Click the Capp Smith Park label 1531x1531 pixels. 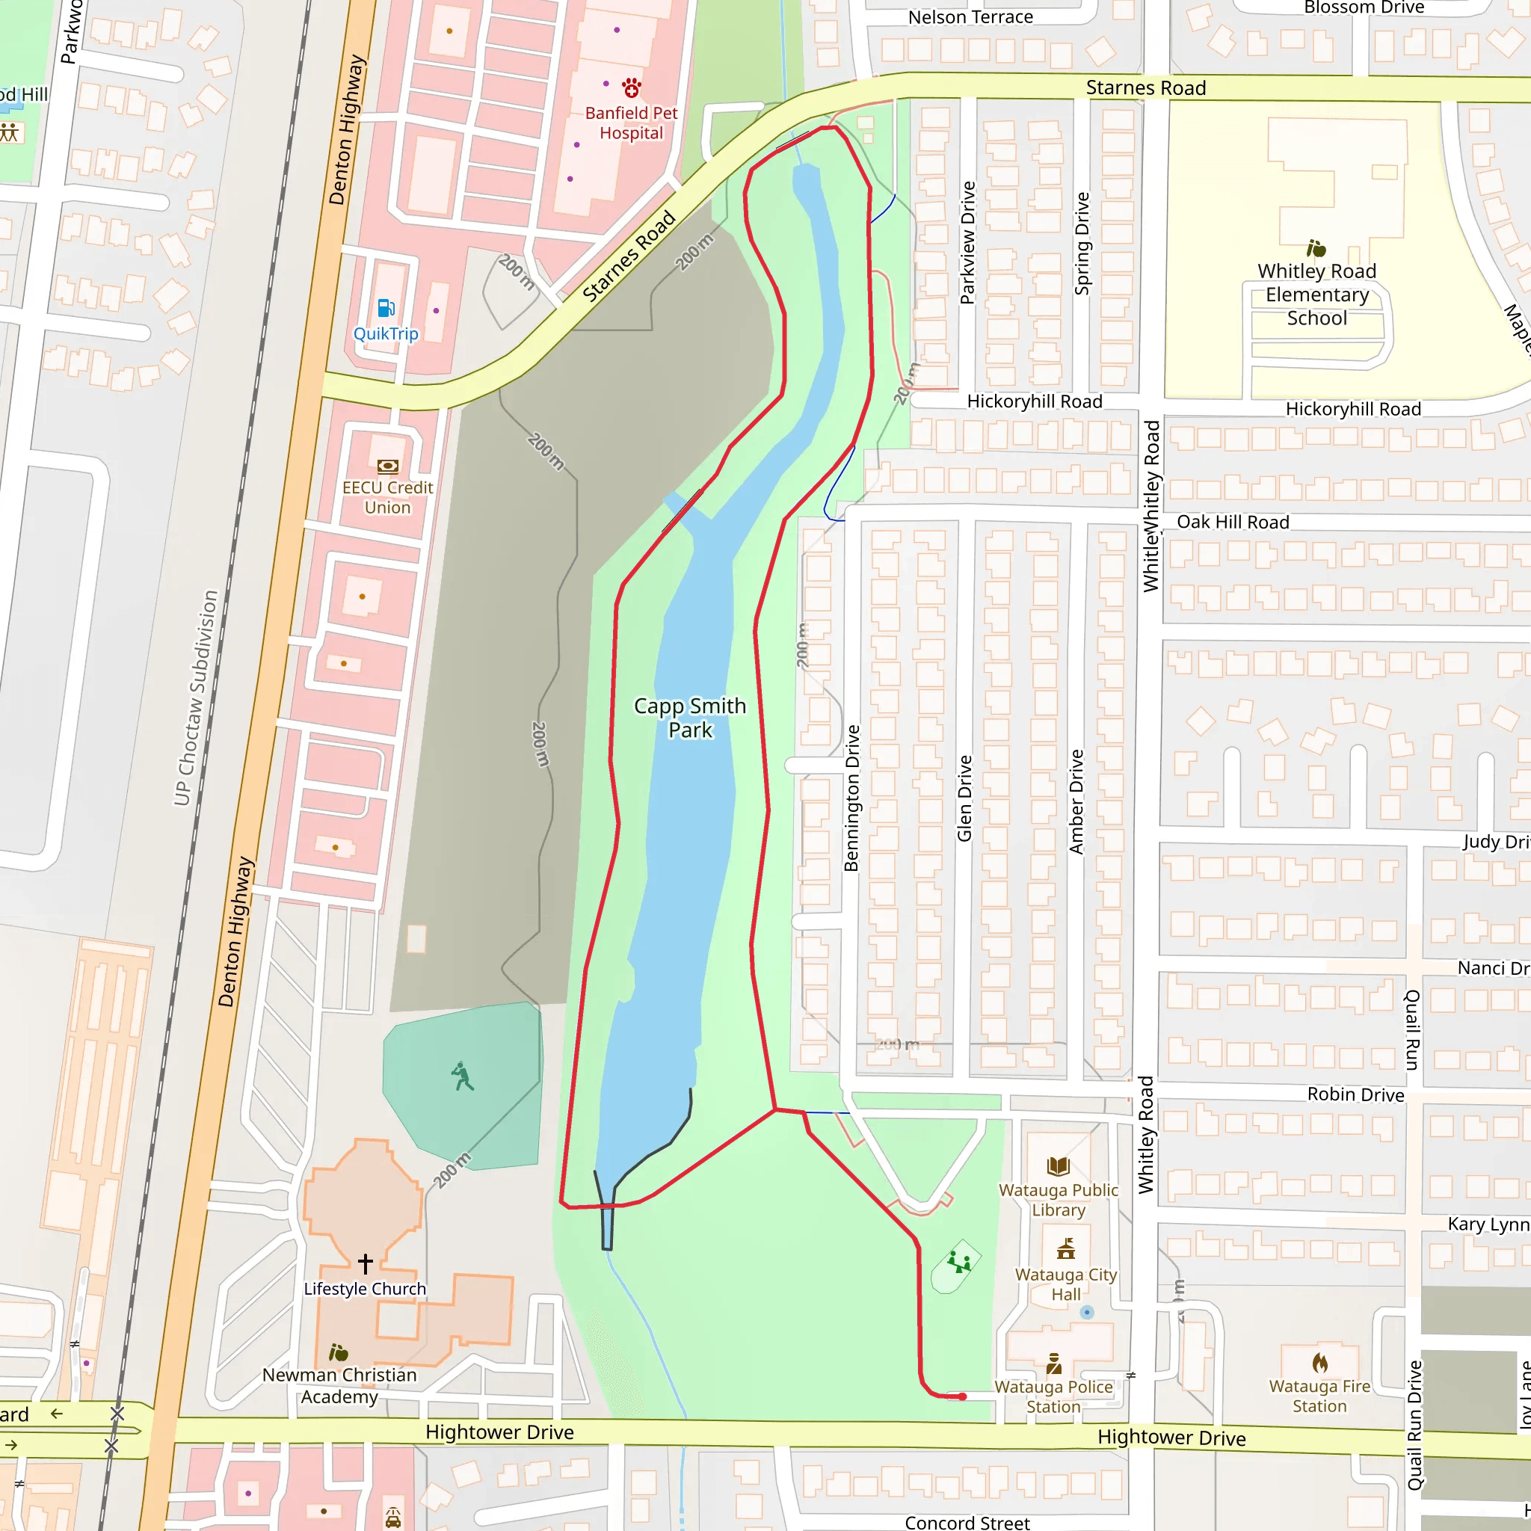689,717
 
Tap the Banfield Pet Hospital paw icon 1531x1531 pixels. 631,87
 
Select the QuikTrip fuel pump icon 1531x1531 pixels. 386,308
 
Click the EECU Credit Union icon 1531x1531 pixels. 387,466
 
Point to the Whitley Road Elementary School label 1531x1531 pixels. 1316,294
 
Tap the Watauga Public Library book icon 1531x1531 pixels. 1058,1165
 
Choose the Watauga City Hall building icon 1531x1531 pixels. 1066,1250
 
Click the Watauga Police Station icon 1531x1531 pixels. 1053,1364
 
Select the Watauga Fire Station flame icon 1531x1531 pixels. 1319,1363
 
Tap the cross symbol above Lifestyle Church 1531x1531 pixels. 366,1263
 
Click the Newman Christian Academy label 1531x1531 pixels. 339,1385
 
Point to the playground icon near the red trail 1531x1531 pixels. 959,1262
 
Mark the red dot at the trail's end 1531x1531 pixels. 962,1396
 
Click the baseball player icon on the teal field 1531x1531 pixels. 462,1076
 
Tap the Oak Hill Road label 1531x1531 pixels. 1232,523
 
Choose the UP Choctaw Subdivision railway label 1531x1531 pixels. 196,697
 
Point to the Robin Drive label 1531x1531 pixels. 1355,1094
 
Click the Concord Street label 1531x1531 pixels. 967,1522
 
